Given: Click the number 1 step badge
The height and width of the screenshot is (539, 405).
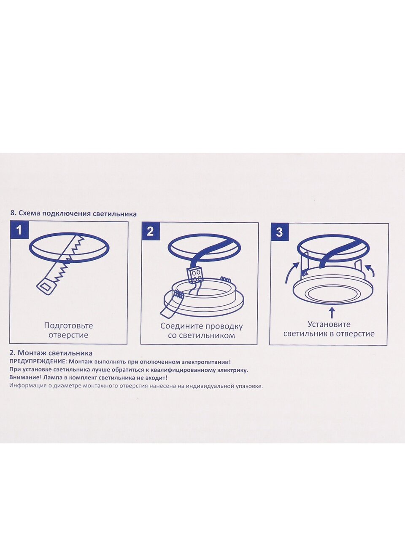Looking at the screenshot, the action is click(19, 230).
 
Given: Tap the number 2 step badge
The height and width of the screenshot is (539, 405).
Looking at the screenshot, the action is click(150, 231).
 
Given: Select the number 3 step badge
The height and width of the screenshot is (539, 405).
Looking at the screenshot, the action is click(279, 232).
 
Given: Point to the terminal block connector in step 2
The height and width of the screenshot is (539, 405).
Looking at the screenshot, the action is click(195, 275).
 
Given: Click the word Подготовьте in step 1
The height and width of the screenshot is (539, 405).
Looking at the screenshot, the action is click(69, 326).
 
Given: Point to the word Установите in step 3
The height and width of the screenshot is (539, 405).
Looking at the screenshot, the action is click(329, 324).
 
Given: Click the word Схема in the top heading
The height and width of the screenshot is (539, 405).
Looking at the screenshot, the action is click(30, 213).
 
